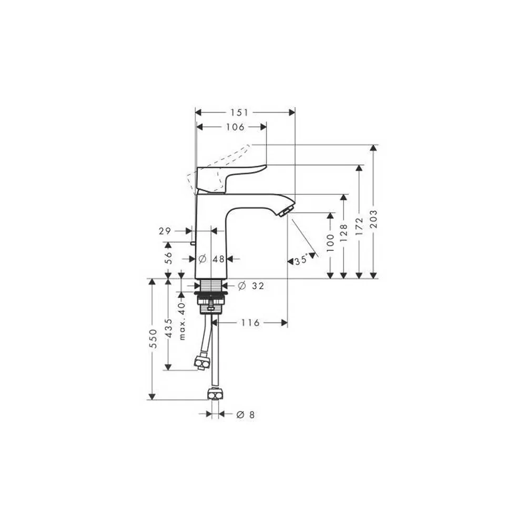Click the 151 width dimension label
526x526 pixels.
coord(240,113)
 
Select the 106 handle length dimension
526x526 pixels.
coord(236,127)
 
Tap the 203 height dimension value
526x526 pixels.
coord(373,219)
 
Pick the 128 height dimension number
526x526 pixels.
coord(343,234)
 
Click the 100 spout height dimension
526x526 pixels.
coord(330,243)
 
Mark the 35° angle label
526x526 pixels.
coord(301,260)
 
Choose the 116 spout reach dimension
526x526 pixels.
coord(250,323)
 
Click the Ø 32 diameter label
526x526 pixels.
coord(251,286)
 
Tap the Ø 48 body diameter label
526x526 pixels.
coord(211,259)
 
